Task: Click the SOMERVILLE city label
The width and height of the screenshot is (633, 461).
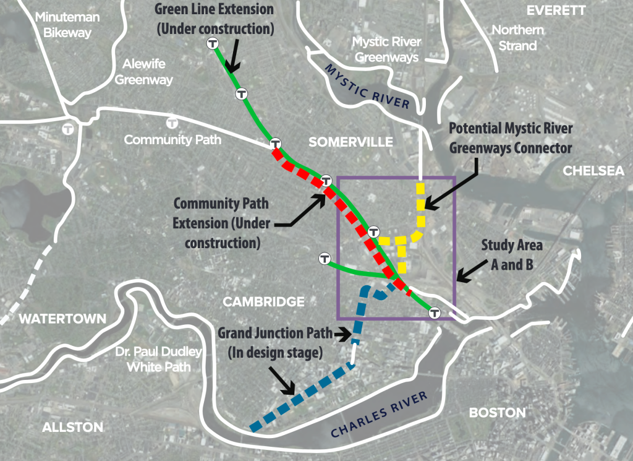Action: tap(350, 142)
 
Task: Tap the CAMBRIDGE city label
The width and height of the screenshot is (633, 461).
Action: tap(264, 302)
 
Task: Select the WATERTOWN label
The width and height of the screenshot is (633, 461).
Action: tap(54, 319)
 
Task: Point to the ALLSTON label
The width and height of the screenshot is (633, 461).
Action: tap(72, 427)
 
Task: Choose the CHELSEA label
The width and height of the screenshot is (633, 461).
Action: tap(593, 171)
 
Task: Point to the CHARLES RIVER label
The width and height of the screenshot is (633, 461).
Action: tap(379, 415)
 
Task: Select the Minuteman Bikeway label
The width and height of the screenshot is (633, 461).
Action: tap(63, 25)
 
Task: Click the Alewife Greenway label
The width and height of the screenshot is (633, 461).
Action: tap(144, 71)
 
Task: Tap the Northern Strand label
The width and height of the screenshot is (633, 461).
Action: tap(514, 38)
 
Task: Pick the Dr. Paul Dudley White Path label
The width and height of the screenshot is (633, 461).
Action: tap(159, 359)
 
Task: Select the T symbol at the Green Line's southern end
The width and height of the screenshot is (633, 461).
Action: tap(435, 313)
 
